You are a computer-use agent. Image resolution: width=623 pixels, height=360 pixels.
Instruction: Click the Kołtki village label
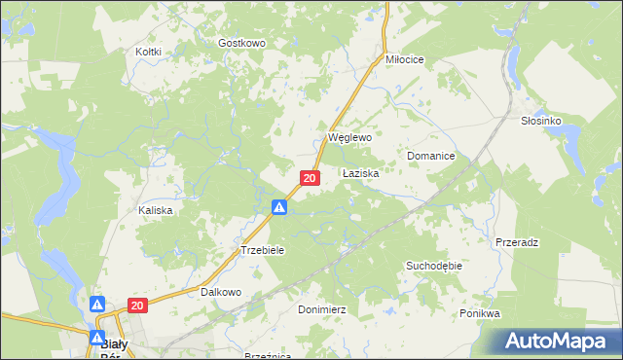[149, 52]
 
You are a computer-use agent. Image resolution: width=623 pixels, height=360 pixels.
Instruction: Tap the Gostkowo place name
[241, 44]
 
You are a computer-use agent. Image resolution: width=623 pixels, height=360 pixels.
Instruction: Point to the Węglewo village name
[349, 138]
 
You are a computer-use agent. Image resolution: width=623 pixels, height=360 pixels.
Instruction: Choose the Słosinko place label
[542, 120]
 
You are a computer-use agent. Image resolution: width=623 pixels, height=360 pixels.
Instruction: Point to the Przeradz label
[517, 241]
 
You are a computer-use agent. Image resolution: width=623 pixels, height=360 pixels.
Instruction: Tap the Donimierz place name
[321, 308]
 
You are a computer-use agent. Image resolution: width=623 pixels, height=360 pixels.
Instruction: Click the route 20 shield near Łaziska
[310, 178]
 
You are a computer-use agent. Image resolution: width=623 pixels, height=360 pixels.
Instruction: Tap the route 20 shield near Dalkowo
[136, 306]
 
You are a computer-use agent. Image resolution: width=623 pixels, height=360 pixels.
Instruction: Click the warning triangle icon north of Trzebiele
[279, 206]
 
